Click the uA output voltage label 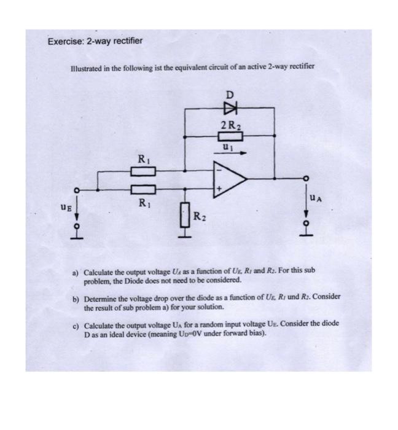tap(316, 197)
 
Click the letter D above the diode tap(230, 95)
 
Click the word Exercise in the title tap(67, 41)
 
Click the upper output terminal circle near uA tap(305, 178)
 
